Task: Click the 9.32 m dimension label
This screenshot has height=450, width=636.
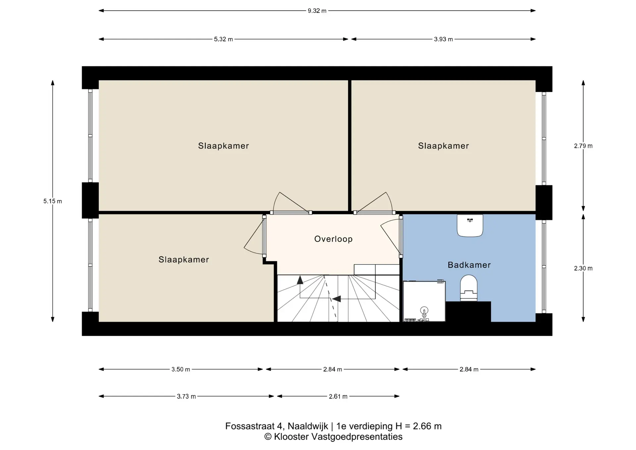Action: click(317, 11)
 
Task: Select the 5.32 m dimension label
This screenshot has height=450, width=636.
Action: click(223, 39)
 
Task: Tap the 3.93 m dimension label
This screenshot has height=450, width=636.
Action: click(443, 39)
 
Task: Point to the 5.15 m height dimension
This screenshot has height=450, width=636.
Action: click(53, 201)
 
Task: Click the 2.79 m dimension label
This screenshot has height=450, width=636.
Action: click(583, 146)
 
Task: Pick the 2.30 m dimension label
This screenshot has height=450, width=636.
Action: click(583, 268)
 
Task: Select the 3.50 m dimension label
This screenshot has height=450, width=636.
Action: click(181, 369)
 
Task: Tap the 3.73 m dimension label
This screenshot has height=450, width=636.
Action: click(186, 396)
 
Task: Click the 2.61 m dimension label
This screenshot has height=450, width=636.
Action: click(338, 396)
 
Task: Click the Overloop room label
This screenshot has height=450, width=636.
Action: click(333, 239)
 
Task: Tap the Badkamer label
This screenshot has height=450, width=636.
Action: click(469, 265)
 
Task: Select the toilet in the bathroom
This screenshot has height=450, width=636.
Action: click(469, 288)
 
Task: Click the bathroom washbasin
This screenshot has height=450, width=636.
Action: click(470, 225)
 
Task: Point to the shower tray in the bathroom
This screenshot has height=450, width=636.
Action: click(424, 301)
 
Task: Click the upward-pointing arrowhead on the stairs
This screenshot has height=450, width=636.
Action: click(300, 280)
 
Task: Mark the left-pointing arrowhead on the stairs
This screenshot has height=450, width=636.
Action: click(337, 299)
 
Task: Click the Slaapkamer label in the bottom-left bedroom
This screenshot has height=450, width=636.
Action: click(184, 259)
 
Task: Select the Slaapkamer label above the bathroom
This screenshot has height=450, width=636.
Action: click(444, 146)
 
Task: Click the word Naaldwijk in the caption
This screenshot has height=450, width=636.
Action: click(308, 426)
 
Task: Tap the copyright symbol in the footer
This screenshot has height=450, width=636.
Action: click(268, 437)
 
